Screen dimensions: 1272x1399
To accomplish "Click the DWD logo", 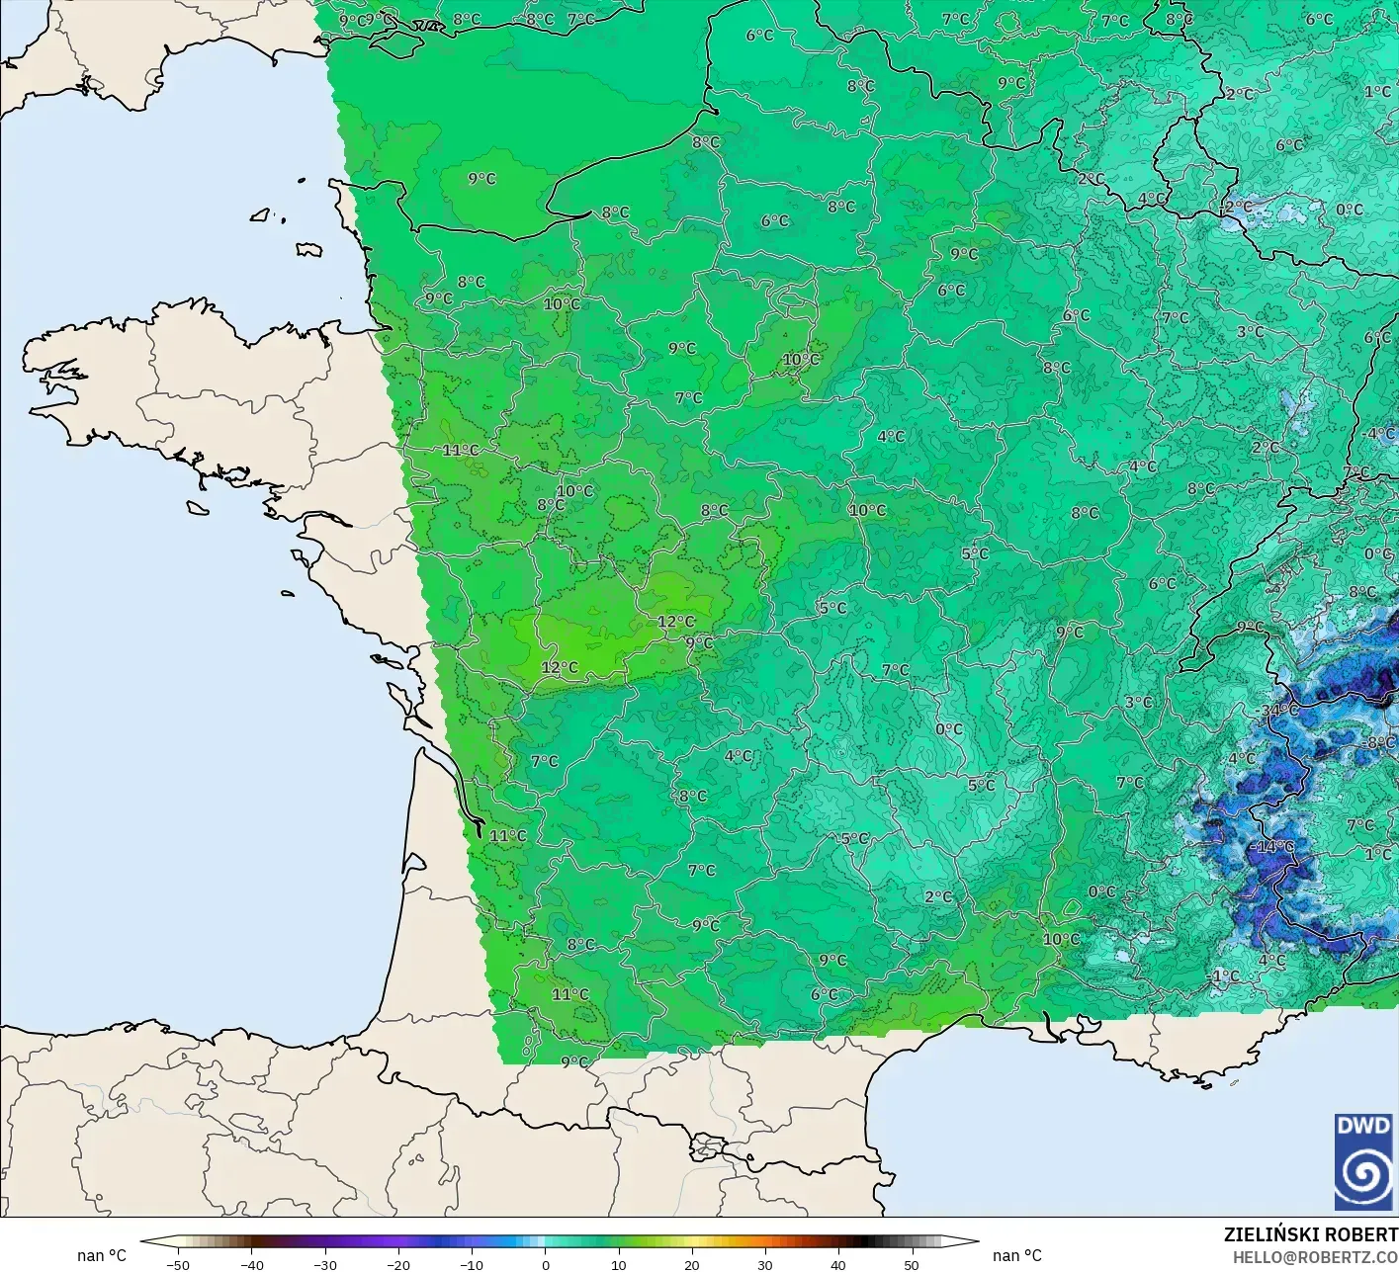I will click(x=1363, y=1161).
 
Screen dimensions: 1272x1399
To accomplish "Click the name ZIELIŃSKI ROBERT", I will click(x=1310, y=1234).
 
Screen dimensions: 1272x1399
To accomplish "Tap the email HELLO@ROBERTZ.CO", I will click(x=1315, y=1256).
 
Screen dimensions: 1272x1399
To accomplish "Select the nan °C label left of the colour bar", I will click(x=102, y=1255).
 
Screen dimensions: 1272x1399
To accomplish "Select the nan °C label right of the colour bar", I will click(x=1017, y=1255).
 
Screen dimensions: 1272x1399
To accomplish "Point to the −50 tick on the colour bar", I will click(x=178, y=1264).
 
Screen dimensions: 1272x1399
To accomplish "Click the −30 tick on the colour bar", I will click(x=324, y=1264).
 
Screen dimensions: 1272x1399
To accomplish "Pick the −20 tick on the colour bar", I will click(x=397, y=1264).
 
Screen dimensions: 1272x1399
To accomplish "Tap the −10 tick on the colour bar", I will click(x=471, y=1264).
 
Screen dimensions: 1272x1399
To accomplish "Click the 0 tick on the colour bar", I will click(x=545, y=1264).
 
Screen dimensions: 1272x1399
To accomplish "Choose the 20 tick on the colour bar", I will click(x=691, y=1264).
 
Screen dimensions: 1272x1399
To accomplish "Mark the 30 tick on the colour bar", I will click(x=764, y=1264).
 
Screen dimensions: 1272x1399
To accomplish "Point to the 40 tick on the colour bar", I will click(x=837, y=1264).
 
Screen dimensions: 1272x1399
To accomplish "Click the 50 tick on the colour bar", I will click(x=911, y=1264).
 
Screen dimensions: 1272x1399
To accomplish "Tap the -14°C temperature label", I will click(x=1271, y=846).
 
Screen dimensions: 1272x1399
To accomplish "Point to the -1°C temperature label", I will click(x=1223, y=975).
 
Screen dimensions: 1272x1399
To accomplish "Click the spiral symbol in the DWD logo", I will click(x=1363, y=1173).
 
